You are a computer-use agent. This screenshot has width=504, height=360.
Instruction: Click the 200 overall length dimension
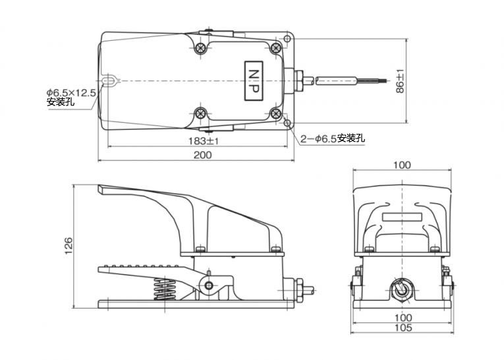point(202,155)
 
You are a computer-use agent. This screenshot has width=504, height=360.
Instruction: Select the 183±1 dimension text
point(204,141)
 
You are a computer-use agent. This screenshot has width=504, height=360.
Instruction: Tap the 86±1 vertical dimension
point(400,81)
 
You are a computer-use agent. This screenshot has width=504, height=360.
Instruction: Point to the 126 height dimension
point(69,246)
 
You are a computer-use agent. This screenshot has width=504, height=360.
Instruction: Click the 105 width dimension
point(403,328)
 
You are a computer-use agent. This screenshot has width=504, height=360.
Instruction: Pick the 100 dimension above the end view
point(402,165)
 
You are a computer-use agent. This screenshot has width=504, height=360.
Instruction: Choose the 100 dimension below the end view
point(403,318)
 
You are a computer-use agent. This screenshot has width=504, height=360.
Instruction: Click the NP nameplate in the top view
point(254,81)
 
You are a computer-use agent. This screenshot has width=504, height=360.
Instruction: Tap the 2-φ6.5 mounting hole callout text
point(333,138)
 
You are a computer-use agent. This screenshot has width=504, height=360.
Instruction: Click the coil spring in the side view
point(165,289)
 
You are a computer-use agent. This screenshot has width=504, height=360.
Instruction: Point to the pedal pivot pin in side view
point(209,285)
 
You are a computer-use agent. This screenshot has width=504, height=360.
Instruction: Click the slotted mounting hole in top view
point(109,80)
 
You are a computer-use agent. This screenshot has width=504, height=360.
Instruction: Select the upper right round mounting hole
point(287,39)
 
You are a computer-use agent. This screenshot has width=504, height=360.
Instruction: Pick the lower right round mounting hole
point(287,123)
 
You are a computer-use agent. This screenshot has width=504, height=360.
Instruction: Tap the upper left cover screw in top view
point(200,48)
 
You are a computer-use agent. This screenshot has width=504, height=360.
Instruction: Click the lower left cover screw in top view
point(201,113)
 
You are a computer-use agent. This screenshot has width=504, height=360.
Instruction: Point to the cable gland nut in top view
point(298,80)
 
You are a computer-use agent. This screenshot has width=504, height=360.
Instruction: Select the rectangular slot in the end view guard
point(402,217)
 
